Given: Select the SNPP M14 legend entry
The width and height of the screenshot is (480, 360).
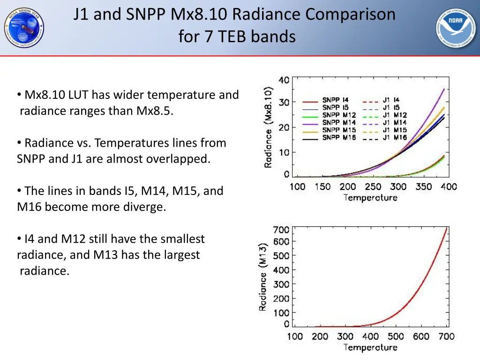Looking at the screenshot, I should [x=338, y=123].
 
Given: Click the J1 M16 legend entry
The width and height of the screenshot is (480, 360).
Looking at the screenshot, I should [x=394, y=138].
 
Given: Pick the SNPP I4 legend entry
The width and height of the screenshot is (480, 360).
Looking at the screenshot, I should [x=335, y=100].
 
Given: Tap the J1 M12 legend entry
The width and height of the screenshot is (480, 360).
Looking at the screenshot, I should [x=394, y=115].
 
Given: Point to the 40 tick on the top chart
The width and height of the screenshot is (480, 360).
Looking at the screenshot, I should [x=284, y=80].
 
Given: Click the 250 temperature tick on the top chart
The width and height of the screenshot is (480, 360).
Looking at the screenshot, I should [x=373, y=187].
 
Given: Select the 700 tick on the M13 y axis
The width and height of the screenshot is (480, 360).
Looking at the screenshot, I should [x=281, y=230].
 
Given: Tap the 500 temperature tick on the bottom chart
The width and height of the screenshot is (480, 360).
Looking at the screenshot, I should [x=396, y=337].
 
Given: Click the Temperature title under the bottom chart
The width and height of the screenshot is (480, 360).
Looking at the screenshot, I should [x=370, y=348].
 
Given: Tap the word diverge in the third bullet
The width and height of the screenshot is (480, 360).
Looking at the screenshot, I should [x=146, y=207].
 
